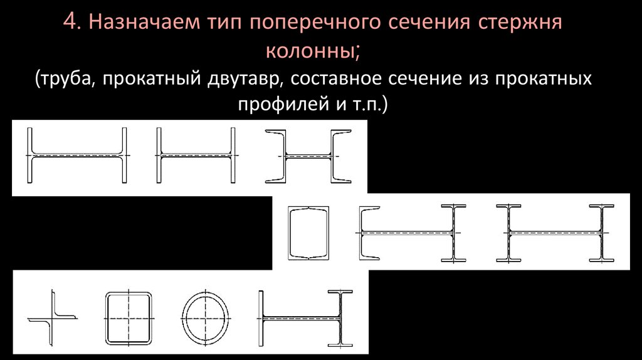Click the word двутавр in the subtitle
244,80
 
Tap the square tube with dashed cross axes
129,317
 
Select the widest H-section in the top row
78,156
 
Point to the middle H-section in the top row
196,156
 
